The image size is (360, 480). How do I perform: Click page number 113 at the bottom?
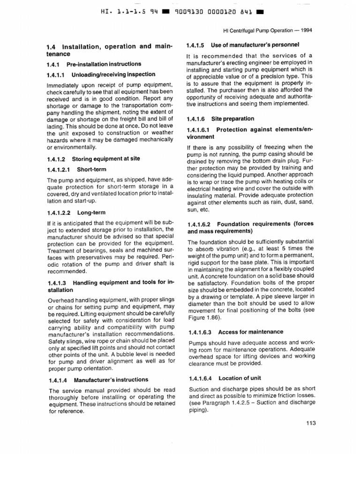311,422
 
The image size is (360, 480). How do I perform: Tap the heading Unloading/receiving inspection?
113,75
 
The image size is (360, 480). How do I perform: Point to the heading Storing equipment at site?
106,159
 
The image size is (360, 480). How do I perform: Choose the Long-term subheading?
91,212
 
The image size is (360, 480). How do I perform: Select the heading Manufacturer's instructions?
111,380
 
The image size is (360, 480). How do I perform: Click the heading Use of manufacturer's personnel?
255,45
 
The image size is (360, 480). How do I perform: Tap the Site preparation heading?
232,119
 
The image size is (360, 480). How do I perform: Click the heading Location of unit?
240,378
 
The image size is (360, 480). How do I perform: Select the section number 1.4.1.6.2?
202,224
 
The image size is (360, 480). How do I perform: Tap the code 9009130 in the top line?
191,10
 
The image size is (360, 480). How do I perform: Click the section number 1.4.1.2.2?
59,212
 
